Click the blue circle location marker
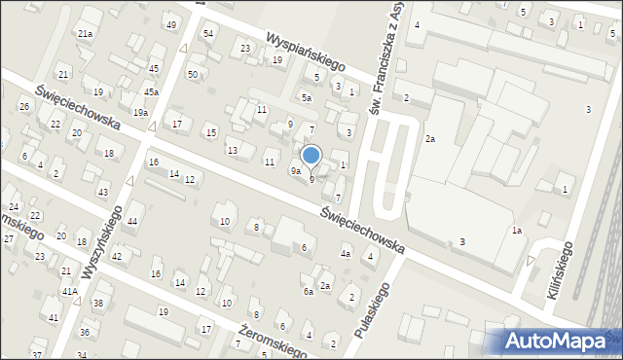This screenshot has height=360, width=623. point(311,155)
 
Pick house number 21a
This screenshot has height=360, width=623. point(86,34)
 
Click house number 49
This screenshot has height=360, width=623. point(171,24)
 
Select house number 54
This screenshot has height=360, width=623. point(208,34)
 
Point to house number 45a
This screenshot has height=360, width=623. point(152,92)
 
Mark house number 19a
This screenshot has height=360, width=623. point(142,114)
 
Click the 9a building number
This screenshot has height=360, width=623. point(295,171)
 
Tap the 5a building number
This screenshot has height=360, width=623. point(306,98)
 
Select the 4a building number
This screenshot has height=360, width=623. point(345,255)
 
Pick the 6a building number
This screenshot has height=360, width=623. point(308,292)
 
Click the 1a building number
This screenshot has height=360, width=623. point(518,231)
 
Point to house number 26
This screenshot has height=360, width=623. point(24,106)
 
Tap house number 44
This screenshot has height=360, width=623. point(132,223)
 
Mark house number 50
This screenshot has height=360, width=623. point(193,75)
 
